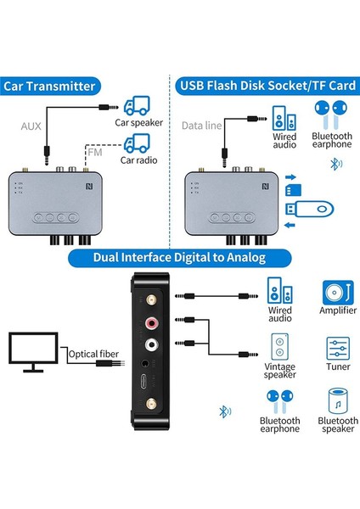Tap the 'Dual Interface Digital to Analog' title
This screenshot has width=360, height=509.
click(180, 257)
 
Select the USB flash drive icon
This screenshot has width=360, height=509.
click(311, 206)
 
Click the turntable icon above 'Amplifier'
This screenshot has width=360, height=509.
click(337, 293)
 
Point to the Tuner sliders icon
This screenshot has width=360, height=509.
click(337, 349)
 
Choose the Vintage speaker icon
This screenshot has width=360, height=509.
click(282, 349)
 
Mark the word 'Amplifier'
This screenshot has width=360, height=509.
click(337, 318)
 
